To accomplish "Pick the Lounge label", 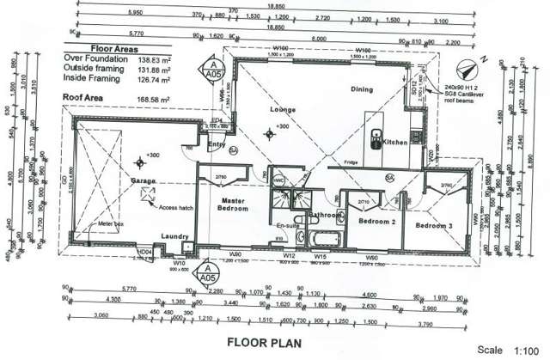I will [x=284, y=110].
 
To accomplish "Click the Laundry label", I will [x=174, y=237].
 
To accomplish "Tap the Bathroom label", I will [x=326, y=214].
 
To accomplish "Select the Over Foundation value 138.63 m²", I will [x=149, y=60].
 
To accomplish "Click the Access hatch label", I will [x=175, y=207].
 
